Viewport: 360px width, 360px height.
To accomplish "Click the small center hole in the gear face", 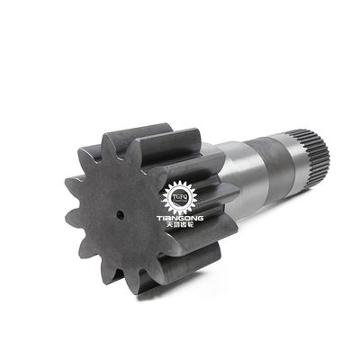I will pyautogui.click(x=119, y=216).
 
